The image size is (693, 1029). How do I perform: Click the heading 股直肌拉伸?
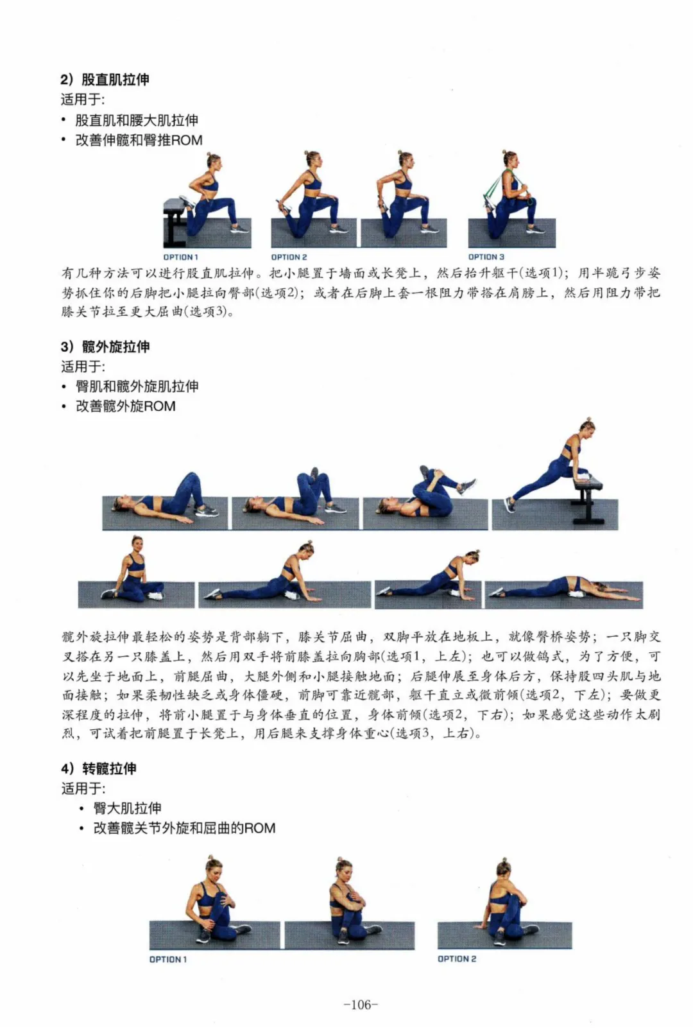[116, 80]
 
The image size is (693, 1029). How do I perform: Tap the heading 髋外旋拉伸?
[116, 347]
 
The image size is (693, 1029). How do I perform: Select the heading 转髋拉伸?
[109, 768]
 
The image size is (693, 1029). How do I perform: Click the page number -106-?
[361, 1005]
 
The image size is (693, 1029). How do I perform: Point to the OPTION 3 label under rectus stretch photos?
[486, 257]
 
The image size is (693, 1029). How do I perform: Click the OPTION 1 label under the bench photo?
[181, 257]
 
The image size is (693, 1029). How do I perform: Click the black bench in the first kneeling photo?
[176, 222]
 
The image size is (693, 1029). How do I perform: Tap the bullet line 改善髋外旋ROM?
[125, 406]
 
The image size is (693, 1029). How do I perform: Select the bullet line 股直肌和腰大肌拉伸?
[137, 120]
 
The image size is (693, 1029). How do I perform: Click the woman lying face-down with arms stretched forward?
[565, 588]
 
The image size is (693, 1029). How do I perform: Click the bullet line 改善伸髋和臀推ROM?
[139, 140]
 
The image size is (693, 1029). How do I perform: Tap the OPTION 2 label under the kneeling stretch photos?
[289, 257]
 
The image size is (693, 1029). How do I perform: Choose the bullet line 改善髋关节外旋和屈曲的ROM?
[184, 828]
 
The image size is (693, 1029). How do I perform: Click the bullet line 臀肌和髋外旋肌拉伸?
[137, 386]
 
